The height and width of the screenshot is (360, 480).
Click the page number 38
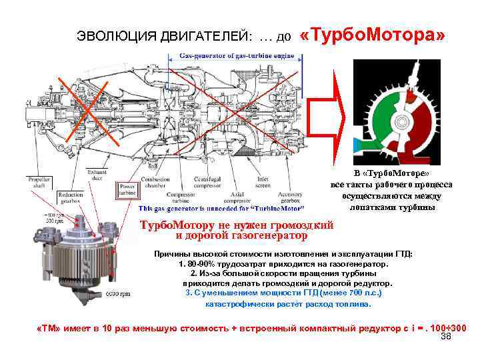point(447,338)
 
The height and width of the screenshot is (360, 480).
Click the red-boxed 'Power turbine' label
point(128,191)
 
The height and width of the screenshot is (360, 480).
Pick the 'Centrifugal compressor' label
point(207,183)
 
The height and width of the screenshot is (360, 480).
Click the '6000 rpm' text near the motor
point(118,294)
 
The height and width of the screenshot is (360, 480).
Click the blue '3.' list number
point(189,292)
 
